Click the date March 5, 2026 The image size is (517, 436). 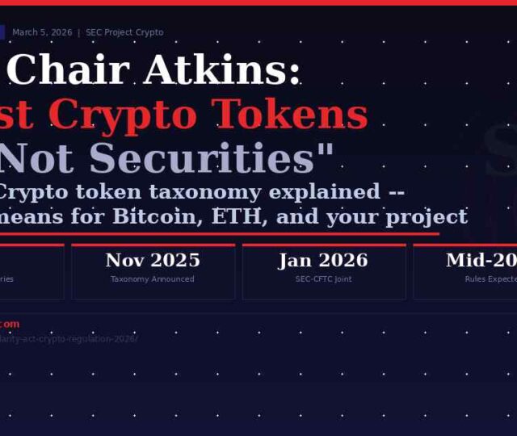pos(42,32)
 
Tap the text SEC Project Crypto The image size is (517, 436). pos(125,32)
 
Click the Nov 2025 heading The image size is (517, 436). pos(153,260)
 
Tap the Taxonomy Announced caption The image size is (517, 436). pos(153,279)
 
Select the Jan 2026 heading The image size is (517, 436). pos(323,260)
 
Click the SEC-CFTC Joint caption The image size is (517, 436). pos(323,279)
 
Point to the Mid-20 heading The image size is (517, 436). pos(481,260)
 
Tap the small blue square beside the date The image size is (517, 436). pos(2,32)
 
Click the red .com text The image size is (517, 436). pos(10,324)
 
